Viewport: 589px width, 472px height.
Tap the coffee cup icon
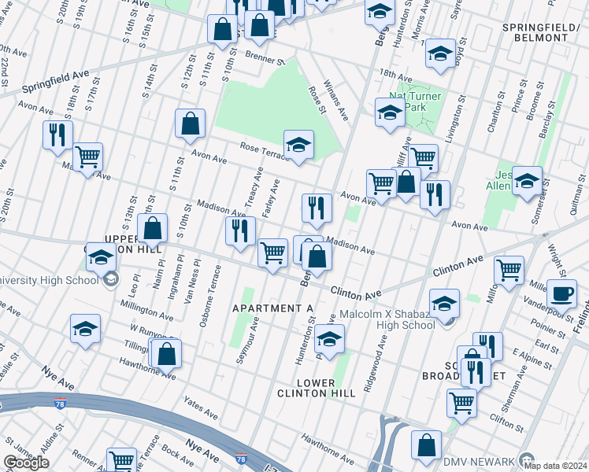tap(561, 293)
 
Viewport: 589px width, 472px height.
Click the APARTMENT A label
tap(272, 308)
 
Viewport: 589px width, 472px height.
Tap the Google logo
tap(26, 463)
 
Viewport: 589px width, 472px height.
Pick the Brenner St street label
tap(264, 58)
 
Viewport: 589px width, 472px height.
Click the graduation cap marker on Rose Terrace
tap(298, 144)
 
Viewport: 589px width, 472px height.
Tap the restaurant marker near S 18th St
tap(57, 135)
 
